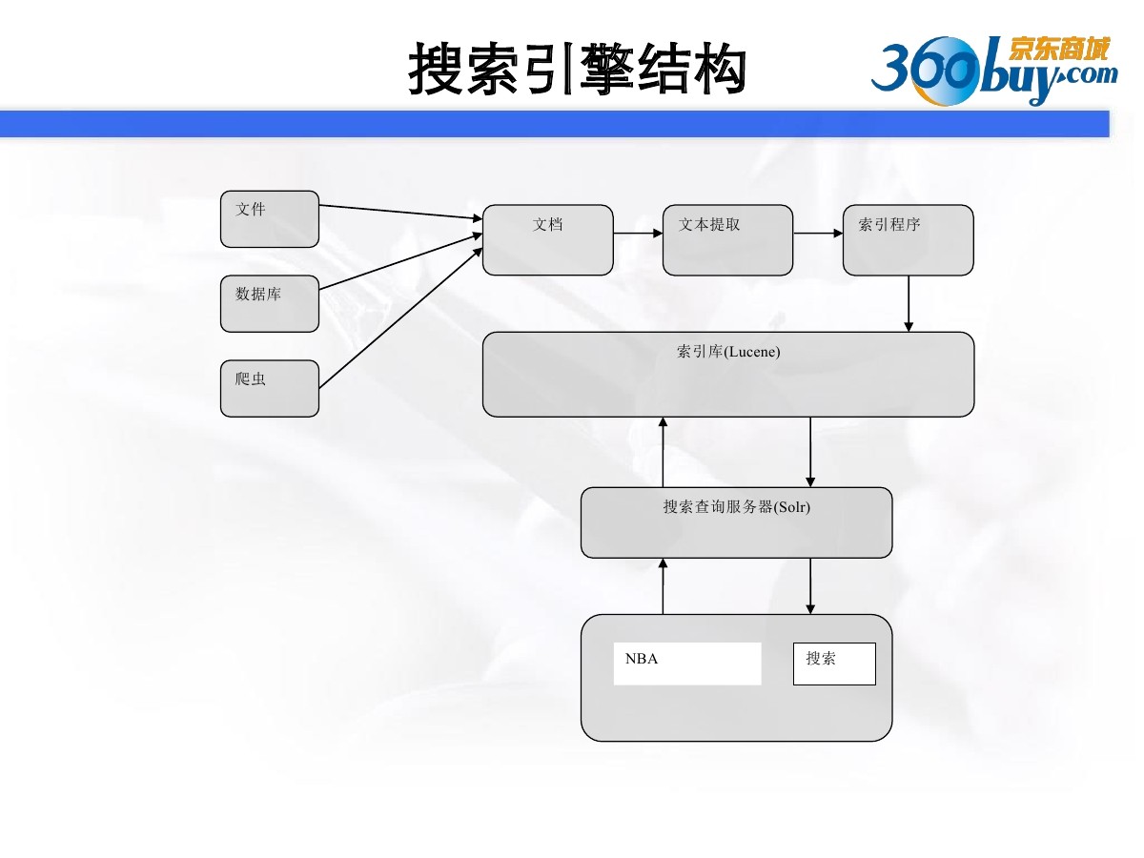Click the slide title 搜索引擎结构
click(576, 69)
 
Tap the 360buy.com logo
click(992, 70)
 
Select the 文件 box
click(270, 219)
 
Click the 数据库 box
click(270, 304)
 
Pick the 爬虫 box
click(270, 388)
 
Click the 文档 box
click(548, 240)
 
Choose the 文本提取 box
click(727, 240)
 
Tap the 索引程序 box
click(909, 240)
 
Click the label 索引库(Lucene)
click(728, 352)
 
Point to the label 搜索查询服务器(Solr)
click(736, 507)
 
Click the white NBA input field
click(687, 664)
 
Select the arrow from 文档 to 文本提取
click(638, 233)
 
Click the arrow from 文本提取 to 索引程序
click(818, 233)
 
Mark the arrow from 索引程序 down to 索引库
click(909, 304)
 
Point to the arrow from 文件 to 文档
click(400, 213)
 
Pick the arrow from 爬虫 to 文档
click(400, 317)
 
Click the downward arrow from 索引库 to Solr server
click(810, 452)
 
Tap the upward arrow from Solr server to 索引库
click(664, 452)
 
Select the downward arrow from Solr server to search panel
click(810, 586)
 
